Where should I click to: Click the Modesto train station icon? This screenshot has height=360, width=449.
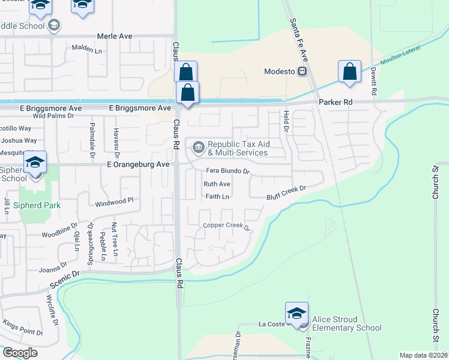pos(303,71)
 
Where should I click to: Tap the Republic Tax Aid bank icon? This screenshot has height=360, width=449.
pos(197,146)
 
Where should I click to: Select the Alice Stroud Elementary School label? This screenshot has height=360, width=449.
pos(346,323)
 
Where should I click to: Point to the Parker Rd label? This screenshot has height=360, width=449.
pos(335,103)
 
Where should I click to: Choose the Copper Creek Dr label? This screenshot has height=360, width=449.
pos(226,226)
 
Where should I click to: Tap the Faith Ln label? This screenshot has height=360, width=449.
pos(217,196)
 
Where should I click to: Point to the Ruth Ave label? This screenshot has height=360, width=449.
pos(217,184)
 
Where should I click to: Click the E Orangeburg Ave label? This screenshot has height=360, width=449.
pos(139,164)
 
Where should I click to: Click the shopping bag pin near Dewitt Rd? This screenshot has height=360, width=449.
pos(349,72)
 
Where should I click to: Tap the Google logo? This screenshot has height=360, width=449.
pos(20,353)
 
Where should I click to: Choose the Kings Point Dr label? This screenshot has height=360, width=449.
pos(22,328)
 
